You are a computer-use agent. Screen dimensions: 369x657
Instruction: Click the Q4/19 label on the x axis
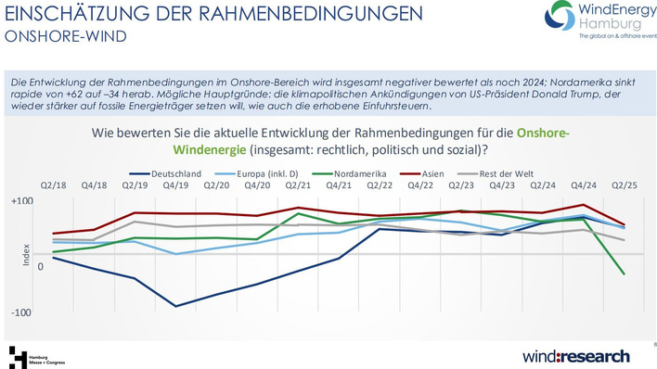click(x=175, y=185)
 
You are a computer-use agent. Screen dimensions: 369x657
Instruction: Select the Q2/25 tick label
click(x=623, y=185)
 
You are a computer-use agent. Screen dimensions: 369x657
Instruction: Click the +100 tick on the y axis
click(x=22, y=201)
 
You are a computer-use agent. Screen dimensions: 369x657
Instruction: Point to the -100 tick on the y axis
click(x=22, y=313)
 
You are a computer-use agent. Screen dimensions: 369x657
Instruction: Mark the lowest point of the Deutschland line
click(x=175, y=306)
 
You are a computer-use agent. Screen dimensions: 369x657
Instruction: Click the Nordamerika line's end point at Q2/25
click(x=623, y=274)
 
